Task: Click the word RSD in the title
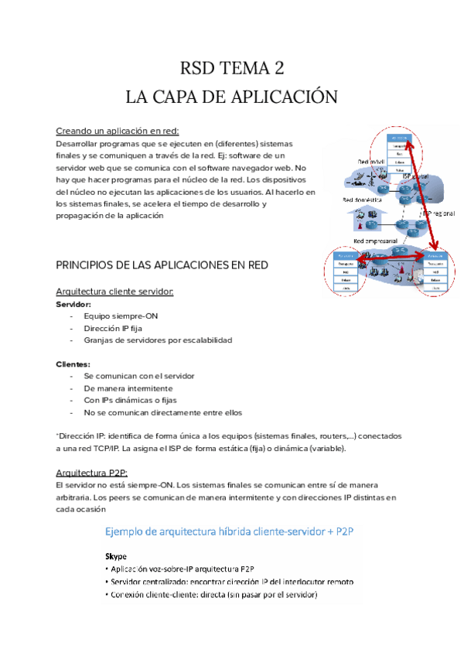(198, 68)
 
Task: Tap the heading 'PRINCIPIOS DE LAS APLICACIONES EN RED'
(162, 265)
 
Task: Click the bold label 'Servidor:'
(74, 305)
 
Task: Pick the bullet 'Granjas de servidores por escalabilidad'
(158, 340)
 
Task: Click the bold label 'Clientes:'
(73, 364)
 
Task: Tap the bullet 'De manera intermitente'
(128, 388)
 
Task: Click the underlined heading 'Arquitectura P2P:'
(92, 472)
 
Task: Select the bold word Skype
(117, 556)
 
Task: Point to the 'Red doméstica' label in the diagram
(363, 199)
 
